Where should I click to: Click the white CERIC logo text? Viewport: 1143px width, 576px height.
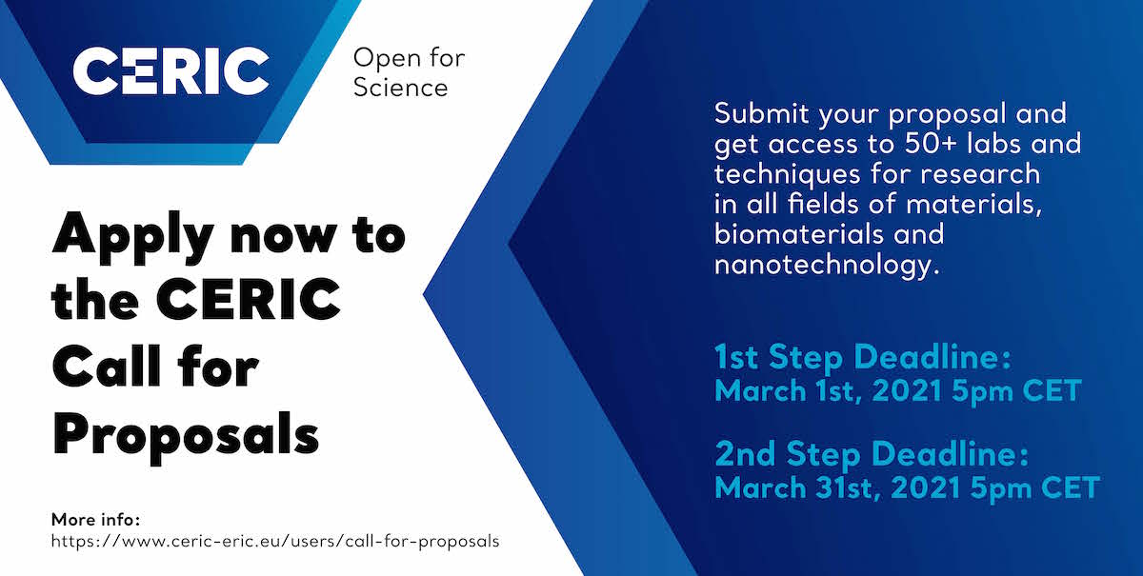[x=170, y=70]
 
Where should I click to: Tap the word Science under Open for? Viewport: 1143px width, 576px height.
[x=401, y=88]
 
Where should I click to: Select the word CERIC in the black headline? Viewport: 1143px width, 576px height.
[x=249, y=299]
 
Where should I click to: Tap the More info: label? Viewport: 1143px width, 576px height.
[x=95, y=520]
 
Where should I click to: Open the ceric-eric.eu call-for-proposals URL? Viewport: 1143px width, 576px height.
[x=275, y=541]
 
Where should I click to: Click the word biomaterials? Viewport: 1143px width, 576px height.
[x=798, y=234]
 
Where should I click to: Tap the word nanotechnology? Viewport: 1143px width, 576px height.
[x=827, y=266]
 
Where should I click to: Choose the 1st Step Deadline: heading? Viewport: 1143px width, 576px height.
[x=862, y=356]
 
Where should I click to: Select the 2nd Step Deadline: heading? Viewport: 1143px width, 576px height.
[x=872, y=453]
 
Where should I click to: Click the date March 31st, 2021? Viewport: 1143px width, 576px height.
[x=837, y=487]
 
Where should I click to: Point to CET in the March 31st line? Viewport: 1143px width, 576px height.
[x=1071, y=487]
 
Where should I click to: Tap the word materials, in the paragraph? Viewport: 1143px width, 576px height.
[x=973, y=205]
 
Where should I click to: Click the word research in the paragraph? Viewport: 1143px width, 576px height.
[x=981, y=174]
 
